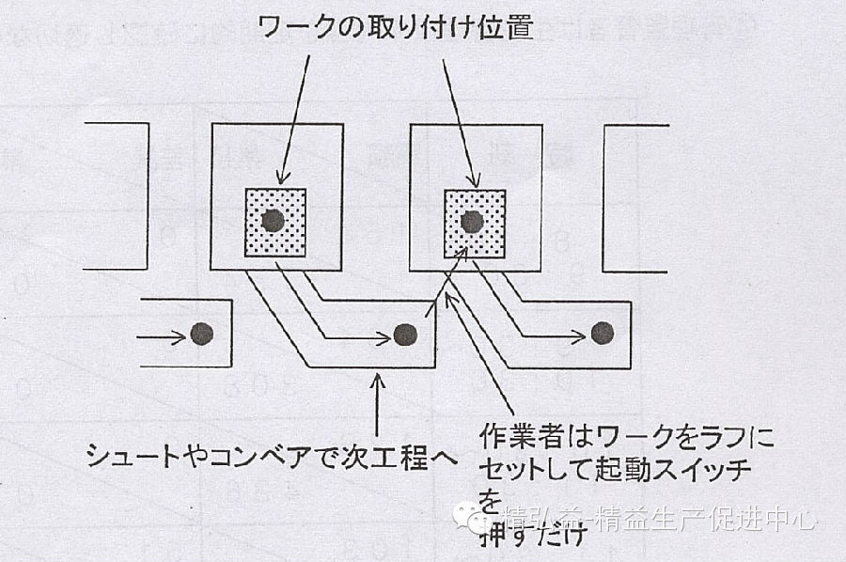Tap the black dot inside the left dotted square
pyautogui.click(x=274, y=222)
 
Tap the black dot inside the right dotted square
pyautogui.click(x=472, y=222)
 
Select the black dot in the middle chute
pyautogui.click(x=404, y=334)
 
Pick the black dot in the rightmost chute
pyautogui.click(x=602, y=332)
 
